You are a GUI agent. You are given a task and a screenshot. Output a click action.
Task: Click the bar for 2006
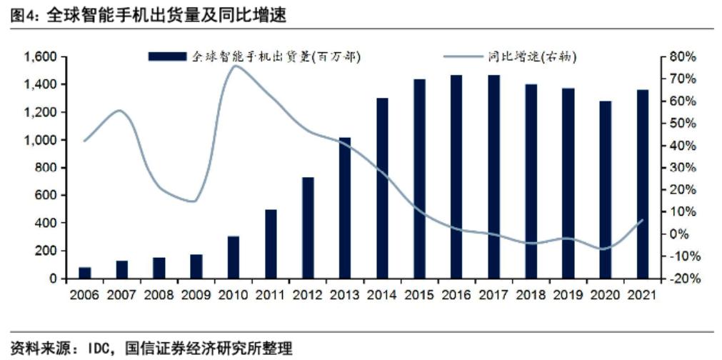point(85,273)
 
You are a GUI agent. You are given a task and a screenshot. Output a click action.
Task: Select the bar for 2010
point(234,257)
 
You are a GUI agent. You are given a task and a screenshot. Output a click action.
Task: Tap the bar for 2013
point(345,207)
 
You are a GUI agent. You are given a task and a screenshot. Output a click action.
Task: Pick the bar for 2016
point(456,176)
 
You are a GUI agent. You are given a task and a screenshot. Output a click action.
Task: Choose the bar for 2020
point(606,189)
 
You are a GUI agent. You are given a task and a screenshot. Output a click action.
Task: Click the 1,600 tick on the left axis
point(40,57)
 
